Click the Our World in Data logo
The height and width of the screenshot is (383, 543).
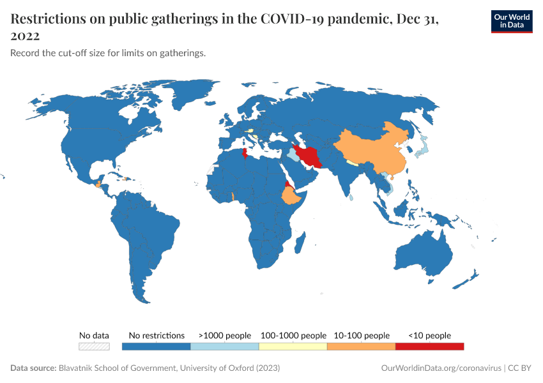pyautogui.click(x=511, y=21)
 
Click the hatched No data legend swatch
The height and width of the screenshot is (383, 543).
pyautogui.click(x=94, y=346)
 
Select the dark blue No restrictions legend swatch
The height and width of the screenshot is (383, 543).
pyautogui.click(x=157, y=346)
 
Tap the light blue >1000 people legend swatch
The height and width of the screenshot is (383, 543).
pyautogui.click(x=224, y=346)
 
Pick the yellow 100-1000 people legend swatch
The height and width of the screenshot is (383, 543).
pyautogui.click(x=293, y=346)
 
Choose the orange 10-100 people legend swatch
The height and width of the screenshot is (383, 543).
pyautogui.click(x=361, y=346)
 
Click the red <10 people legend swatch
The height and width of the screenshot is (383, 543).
pyautogui.click(x=429, y=346)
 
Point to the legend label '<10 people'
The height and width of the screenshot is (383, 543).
pyautogui.click(x=429, y=335)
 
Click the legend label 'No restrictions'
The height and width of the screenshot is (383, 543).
pyautogui.click(x=157, y=335)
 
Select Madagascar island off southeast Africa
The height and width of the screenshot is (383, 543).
pyautogui.click(x=300, y=243)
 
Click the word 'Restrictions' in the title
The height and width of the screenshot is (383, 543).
pyautogui.click(x=49, y=20)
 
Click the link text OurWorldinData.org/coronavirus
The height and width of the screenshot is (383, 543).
pyautogui.click(x=440, y=368)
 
